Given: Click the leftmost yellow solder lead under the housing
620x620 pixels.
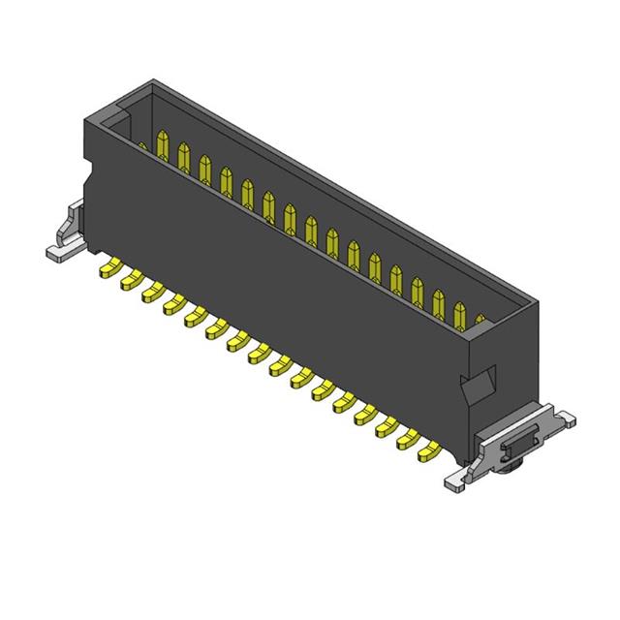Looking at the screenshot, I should click(107, 268).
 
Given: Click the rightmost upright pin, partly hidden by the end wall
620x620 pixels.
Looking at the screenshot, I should click(480, 321).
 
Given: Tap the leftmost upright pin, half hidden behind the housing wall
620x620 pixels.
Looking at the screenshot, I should click(142, 147).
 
